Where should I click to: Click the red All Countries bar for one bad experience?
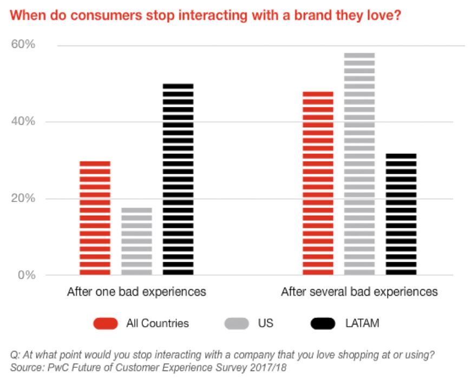pyautogui.click(x=95, y=218)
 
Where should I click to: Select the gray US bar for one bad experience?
pyautogui.click(x=136, y=241)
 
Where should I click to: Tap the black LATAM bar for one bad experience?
pyautogui.click(x=178, y=179)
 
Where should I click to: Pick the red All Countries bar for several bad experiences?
pyautogui.click(x=318, y=183)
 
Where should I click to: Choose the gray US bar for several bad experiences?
pyautogui.click(x=359, y=164)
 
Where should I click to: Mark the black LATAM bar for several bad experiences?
pyautogui.click(x=401, y=214)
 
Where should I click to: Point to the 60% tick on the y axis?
pyautogui.click(x=23, y=44)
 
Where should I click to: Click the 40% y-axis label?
pyautogui.click(x=23, y=121)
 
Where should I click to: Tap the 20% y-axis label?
pyautogui.click(x=23, y=198)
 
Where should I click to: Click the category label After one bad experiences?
pyautogui.click(x=136, y=292)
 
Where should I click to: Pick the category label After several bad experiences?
pyautogui.click(x=359, y=292)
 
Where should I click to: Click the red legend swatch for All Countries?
pyautogui.click(x=105, y=324)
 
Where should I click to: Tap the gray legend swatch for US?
pyautogui.click(x=236, y=324)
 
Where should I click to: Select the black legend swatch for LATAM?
pyautogui.click(x=323, y=324)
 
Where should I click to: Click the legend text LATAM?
pyautogui.click(x=362, y=324)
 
